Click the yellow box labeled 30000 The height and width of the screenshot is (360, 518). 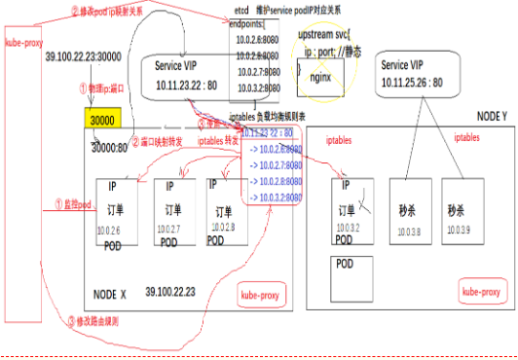point(99,120)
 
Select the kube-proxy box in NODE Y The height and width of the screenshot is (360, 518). point(481,291)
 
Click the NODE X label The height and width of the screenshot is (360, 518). point(110,292)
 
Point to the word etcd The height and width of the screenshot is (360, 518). point(240,8)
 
